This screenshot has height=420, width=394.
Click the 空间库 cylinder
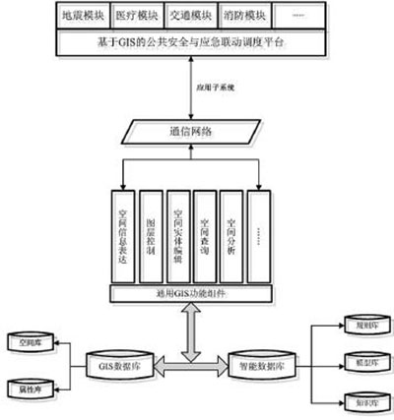(x=31, y=343)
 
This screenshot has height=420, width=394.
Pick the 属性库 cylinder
(x=31, y=389)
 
